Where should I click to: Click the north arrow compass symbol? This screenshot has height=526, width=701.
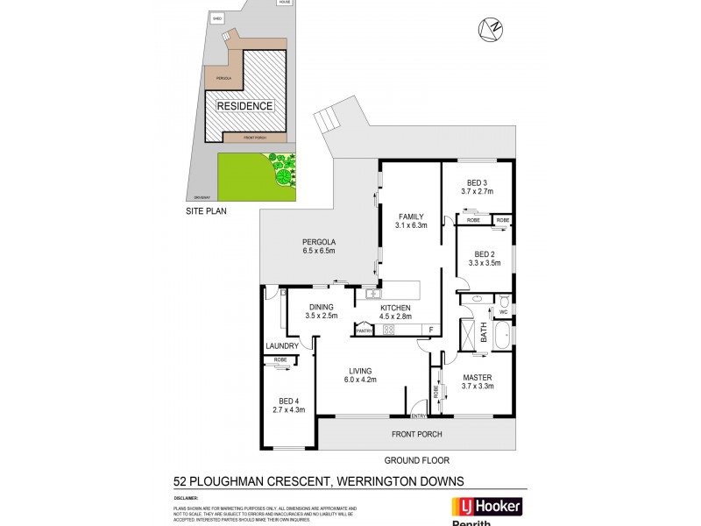pos(491,29)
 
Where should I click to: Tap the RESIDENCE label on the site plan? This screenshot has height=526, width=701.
pos(245,105)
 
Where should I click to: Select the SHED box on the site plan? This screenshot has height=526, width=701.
pos(217,18)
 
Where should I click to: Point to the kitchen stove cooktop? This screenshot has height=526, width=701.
pos(388,331)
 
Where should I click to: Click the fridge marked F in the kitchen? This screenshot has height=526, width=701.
pos(430,330)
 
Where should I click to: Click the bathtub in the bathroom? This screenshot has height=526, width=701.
pos(502,335)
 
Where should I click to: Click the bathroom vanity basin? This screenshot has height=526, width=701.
pos(474,300)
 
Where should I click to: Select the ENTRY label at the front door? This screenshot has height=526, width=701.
pos(419,416)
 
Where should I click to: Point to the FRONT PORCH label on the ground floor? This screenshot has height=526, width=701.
pos(417,434)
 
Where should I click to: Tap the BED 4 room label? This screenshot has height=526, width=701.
pos(289,400)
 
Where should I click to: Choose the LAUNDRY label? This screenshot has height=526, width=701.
pos(282,346)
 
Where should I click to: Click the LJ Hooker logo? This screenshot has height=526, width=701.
pos(486,508)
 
